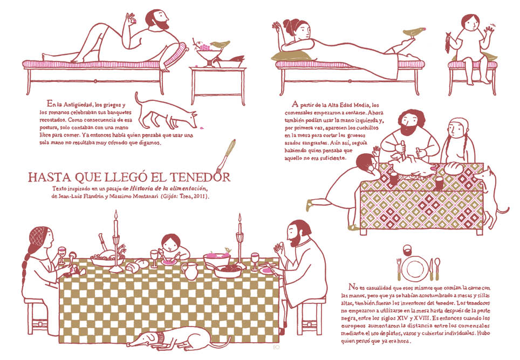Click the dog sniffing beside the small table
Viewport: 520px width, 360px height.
click(x=165, y=112)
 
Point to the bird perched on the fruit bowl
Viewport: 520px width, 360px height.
click(x=220, y=44)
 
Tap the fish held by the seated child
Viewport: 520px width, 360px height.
click(x=448, y=43)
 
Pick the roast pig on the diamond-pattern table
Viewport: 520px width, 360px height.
click(x=411, y=167)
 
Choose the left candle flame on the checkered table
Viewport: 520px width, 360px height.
click(x=116, y=214)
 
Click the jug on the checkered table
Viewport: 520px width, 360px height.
click(x=190, y=271)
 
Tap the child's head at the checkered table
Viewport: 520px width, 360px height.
click(x=171, y=243)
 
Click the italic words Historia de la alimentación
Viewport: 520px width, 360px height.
click(x=168, y=188)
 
